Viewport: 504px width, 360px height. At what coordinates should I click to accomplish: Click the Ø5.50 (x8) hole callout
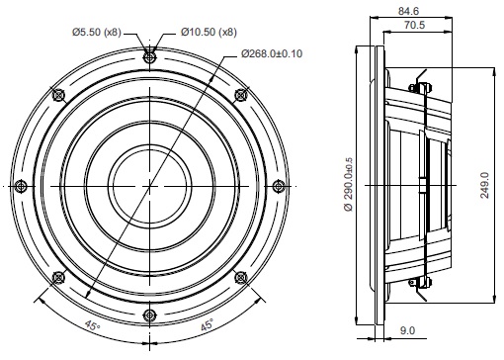tap(97, 33)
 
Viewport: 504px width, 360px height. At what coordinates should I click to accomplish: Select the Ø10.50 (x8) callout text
tap(209, 33)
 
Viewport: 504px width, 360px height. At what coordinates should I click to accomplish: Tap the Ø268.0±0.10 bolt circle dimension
tap(272, 53)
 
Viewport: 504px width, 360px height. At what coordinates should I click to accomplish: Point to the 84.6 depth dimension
tap(408, 11)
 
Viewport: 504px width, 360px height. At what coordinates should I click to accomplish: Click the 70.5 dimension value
tap(415, 25)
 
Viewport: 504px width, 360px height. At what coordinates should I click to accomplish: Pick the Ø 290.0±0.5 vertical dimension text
tap(348, 184)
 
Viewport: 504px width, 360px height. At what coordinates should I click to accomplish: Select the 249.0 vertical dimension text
tap(484, 185)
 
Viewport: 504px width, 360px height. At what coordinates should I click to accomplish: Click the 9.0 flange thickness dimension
tap(407, 330)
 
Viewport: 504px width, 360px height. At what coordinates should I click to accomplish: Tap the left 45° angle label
tap(92, 325)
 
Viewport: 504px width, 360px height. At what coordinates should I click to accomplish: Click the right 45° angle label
tap(208, 325)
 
